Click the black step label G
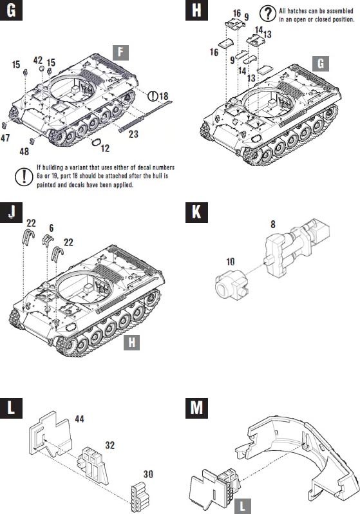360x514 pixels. tap(11, 10)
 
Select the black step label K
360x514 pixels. tap(196, 212)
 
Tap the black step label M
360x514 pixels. tap(196, 408)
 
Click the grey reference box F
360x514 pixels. tap(120, 53)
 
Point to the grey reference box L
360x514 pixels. tap(243, 506)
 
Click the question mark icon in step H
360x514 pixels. tap(268, 14)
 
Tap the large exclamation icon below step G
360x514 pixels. tap(24, 176)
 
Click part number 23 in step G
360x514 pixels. tap(133, 134)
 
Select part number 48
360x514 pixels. tap(24, 151)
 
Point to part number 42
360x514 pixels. tap(38, 61)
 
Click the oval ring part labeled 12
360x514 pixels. tap(95, 142)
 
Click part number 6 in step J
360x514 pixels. tap(51, 228)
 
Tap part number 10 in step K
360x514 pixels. tap(231, 262)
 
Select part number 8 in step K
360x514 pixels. tap(273, 224)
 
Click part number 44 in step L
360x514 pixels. tap(79, 419)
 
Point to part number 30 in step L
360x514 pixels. tap(148, 474)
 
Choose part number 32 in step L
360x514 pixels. tap(110, 445)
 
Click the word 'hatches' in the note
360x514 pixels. tap(297, 11)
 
